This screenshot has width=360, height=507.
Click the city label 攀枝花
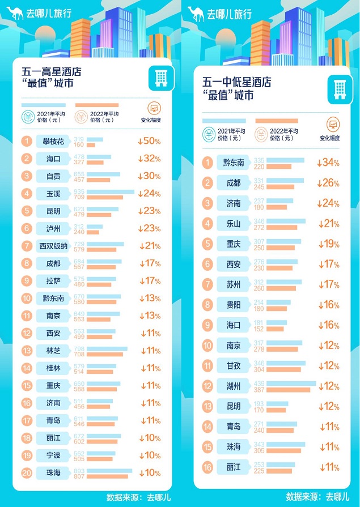click(x=53, y=141)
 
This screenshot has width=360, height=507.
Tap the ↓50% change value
click(x=149, y=141)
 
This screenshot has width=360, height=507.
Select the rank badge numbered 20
click(x=27, y=472)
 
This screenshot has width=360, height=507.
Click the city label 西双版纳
click(x=53, y=246)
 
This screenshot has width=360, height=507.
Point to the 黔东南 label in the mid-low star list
click(x=233, y=163)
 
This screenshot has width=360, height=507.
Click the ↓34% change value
click(x=328, y=163)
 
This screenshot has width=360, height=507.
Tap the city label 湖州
click(x=233, y=386)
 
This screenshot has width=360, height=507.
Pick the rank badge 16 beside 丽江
click(x=207, y=467)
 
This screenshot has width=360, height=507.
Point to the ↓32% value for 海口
click(x=149, y=159)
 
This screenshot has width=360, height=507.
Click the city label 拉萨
click(x=53, y=282)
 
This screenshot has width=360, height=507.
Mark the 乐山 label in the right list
click(x=233, y=224)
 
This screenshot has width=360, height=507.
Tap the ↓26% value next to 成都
click(x=328, y=183)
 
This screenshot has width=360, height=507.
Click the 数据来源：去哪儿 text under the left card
click(x=134, y=497)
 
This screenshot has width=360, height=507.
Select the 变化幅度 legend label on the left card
click(x=151, y=120)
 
